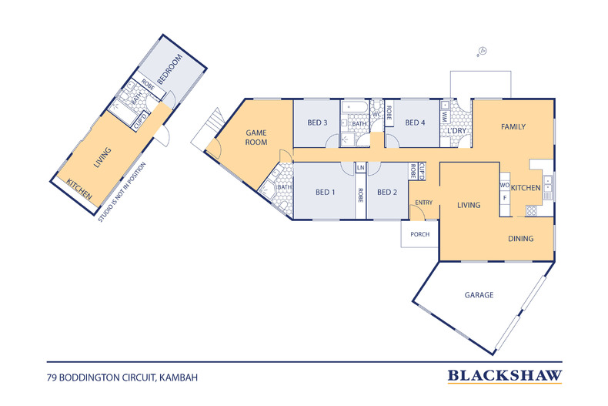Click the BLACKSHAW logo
[504, 376]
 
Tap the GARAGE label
[479, 295]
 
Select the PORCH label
[420, 234]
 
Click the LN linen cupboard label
[361, 168]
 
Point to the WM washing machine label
[445, 116]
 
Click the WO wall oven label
[504, 186]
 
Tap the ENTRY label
[424, 203]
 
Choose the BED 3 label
[317, 122]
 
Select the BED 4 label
[415, 122]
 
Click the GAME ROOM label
[256, 138]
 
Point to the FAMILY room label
[513, 127]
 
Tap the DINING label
[521, 239]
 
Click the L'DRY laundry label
[457, 131]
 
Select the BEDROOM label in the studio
[170, 69]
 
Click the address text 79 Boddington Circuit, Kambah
[122, 377]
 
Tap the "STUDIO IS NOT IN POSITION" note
[122, 192]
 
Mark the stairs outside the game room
[208, 128]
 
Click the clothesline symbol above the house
[482, 52]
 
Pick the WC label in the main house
[376, 115]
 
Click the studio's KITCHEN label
[79, 189]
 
